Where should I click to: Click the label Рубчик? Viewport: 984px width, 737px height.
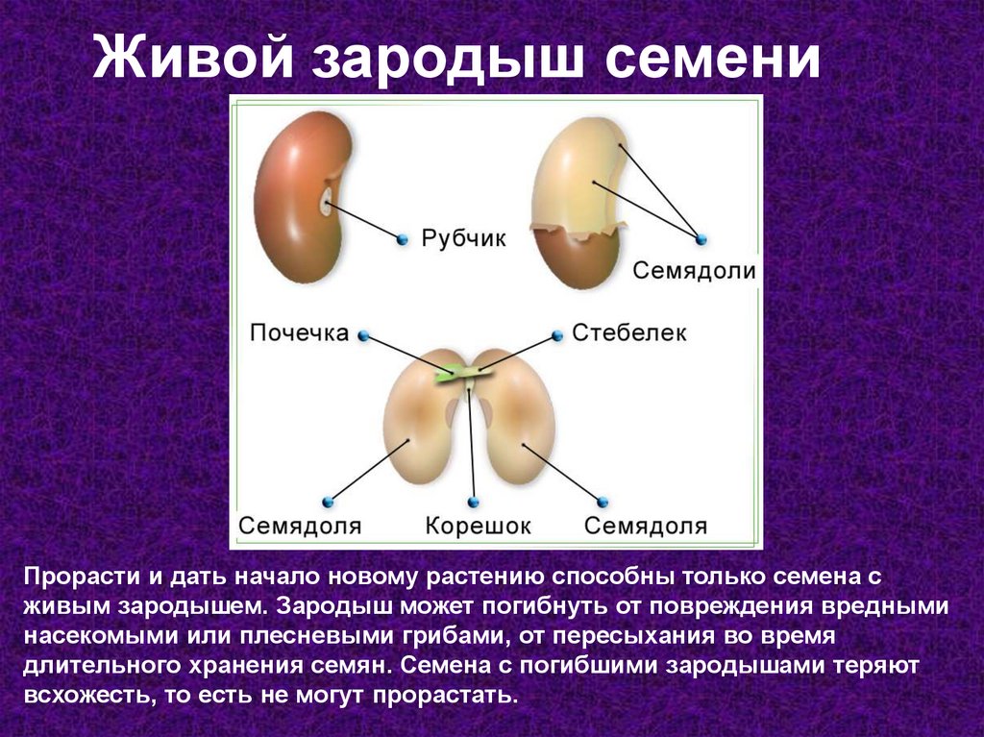(x=463, y=238)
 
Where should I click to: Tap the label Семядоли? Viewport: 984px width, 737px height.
(x=694, y=271)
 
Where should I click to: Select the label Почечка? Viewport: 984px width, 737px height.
(x=299, y=332)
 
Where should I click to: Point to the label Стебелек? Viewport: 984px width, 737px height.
(x=628, y=332)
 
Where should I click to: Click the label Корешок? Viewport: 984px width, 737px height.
(x=479, y=526)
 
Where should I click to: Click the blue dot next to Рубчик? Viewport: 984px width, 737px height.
(x=403, y=239)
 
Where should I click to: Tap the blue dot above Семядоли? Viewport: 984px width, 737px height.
(x=701, y=239)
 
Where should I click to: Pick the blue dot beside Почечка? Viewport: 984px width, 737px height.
(x=363, y=336)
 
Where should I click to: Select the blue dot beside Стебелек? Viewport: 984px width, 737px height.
(x=557, y=336)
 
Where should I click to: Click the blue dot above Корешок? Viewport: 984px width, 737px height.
(x=473, y=502)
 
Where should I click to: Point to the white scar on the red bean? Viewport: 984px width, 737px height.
(x=326, y=201)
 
